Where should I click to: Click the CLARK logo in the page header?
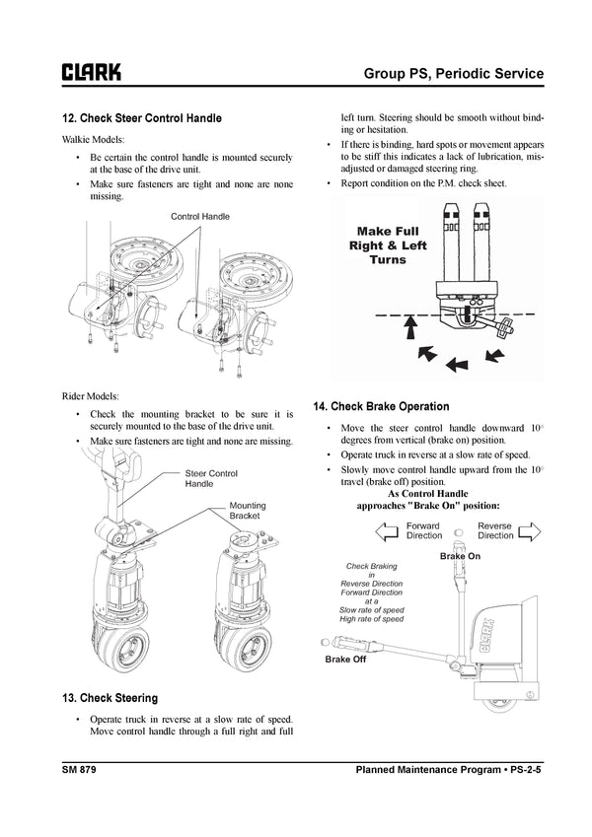pos(92,72)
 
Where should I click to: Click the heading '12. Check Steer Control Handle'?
pos(142,118)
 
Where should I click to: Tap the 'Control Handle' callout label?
pos(200,216)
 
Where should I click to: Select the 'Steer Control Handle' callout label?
pos(211,479)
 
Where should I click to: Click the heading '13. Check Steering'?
pos(109,698)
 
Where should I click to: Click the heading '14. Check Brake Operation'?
pos(381,406)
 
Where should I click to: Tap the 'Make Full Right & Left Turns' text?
pos(387,245)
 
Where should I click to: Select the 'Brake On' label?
pos(460,557)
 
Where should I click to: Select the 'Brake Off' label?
pos(345,660)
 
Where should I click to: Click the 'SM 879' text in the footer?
pos(78,768)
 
